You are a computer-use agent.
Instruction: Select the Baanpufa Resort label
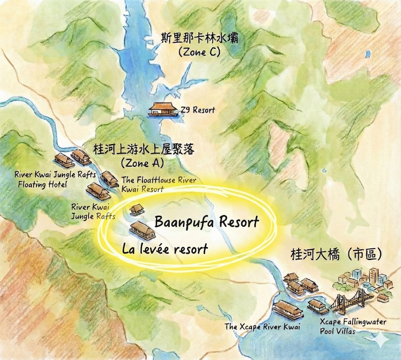point(206,222)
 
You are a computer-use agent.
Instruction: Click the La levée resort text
point(165,249)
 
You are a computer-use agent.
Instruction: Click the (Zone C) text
point(199,52)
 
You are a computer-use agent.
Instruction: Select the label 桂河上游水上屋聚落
point(143,149)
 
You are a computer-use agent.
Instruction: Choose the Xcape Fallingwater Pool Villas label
point(353,325)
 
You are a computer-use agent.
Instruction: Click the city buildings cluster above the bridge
point(364,279)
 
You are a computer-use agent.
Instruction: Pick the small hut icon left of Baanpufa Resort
point(136,210)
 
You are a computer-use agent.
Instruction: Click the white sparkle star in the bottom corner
point(382,340)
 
